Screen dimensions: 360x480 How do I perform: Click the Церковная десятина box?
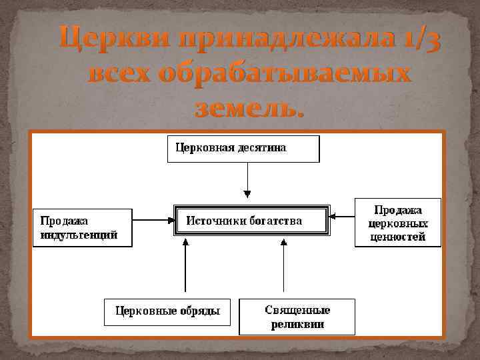tap(243, 149)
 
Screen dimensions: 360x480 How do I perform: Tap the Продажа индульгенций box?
tap(82, 227)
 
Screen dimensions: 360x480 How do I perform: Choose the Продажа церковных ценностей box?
tap(397, 223)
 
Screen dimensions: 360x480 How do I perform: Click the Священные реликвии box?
tap(297, 317)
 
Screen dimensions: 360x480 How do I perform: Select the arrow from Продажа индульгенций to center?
tap(153, 218)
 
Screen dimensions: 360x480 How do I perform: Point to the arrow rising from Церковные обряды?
tap(186, 267)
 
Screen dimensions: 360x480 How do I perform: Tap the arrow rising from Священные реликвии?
tap(284, 267)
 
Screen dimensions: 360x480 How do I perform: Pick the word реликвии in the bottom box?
tap(297, 325)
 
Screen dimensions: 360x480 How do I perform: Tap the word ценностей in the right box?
tap(397, 237)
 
